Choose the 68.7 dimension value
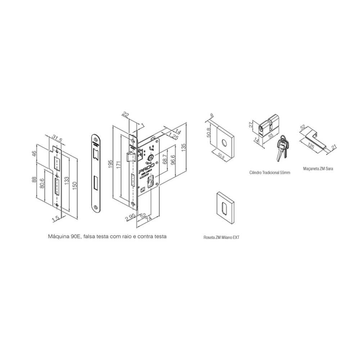165,159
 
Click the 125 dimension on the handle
312,146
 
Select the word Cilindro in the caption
256,173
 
